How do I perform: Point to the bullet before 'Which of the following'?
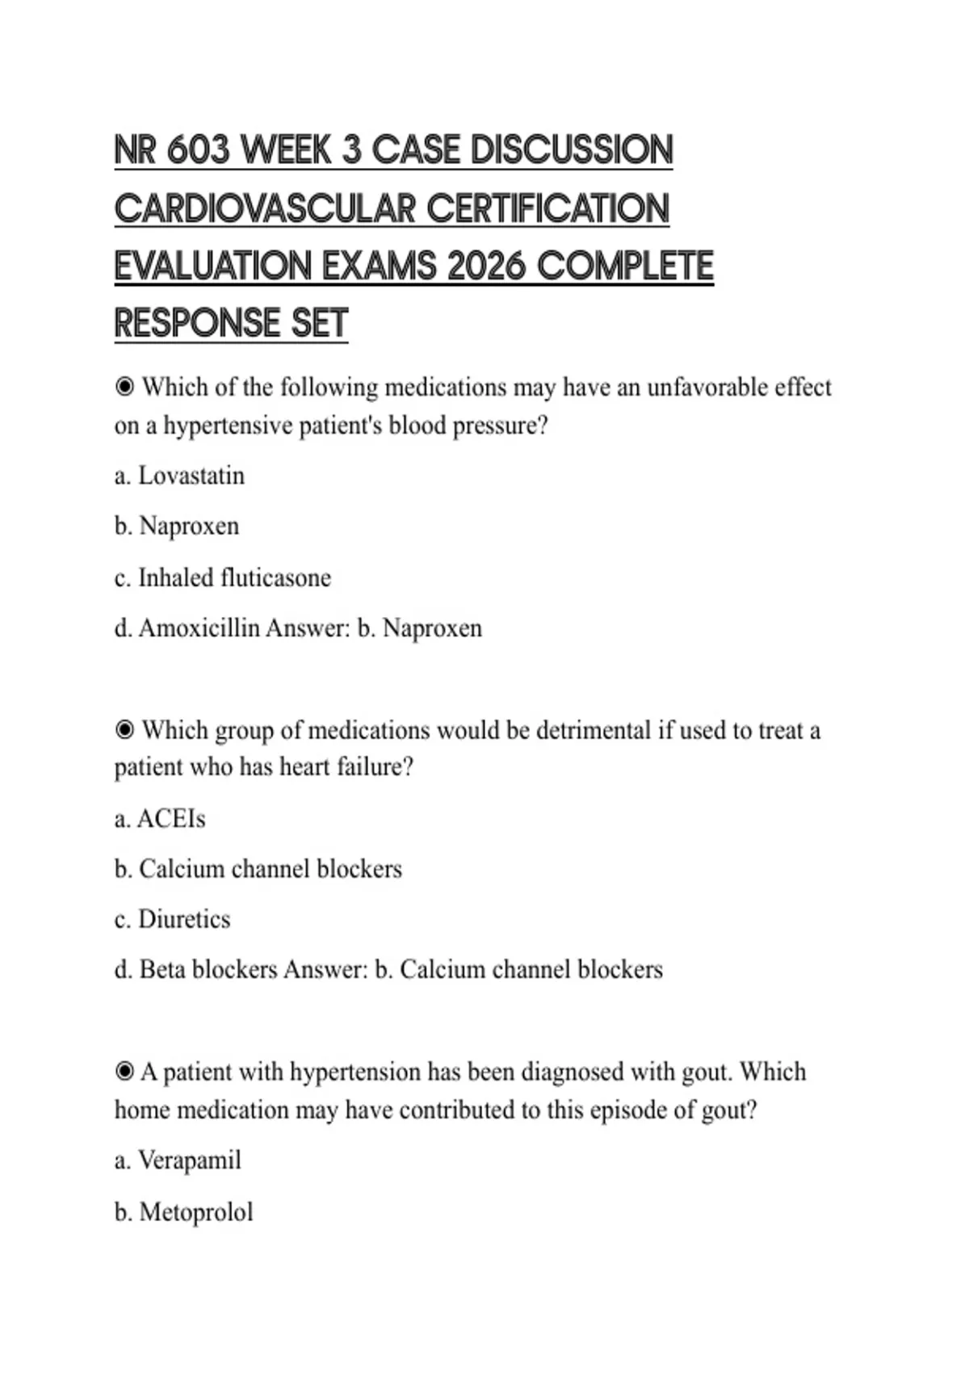[124, 388]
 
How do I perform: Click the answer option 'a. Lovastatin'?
[179, 476]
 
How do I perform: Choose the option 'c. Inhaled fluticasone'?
[223, 578]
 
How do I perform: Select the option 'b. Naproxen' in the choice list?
[177, 527]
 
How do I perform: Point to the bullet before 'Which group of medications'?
[124, 730]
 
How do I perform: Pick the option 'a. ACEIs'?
[160, 819]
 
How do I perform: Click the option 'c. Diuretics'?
[173, 919]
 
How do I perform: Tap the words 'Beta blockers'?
[208, 969]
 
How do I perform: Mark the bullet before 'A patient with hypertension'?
[124, 1072]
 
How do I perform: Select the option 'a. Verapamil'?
[178, 1161]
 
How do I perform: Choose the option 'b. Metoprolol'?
[184, 1212]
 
